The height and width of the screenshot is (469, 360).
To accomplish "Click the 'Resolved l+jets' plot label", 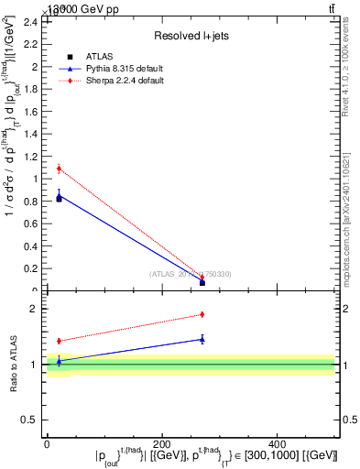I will [190, 36].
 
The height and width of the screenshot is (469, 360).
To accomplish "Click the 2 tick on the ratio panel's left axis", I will [34, 309].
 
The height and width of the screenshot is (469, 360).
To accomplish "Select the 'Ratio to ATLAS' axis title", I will [13, 365].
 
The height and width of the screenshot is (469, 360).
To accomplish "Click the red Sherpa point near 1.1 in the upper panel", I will [59, 169].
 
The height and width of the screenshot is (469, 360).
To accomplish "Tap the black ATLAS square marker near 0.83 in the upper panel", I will [59, 198].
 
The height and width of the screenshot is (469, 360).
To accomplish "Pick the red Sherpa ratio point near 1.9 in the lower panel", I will [202, 314].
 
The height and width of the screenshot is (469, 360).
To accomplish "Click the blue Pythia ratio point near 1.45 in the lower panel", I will [202, 339].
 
